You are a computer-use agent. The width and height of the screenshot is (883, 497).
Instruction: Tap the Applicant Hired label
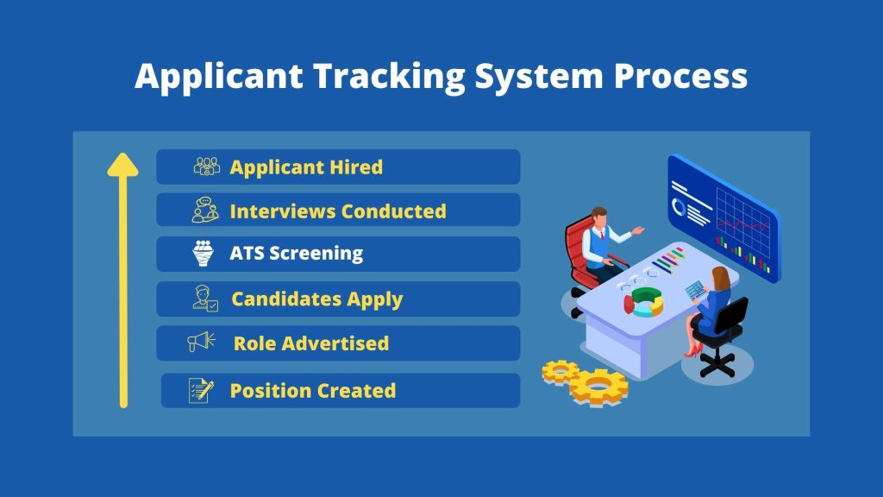pyautogui.click(x=306, y=167)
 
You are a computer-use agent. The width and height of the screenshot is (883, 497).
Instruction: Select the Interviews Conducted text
pyautogui.click(x=338, y=211)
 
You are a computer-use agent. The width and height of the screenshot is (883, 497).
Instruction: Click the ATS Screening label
pyautogui.click(x=297, y=254)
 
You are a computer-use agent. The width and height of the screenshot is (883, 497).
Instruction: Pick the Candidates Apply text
pyautogui.click(x=317, y=299)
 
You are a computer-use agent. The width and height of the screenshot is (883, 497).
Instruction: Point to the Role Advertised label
pyautogui.click(x=310, y=343)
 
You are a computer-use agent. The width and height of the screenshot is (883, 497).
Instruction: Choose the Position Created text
pyautogui.click(x=312, y=391)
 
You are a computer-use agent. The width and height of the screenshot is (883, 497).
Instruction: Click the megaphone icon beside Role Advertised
pyautogui.click(x=201, y=341)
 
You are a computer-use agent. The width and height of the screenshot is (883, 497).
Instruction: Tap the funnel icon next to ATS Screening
pyautogui.click(x=203, y=254)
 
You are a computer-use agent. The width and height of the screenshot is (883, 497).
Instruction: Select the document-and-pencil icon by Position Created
pyautogui.click(x=201, y=391)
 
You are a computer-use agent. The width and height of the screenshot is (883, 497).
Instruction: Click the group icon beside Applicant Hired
pyautogui.click(x=207, y=167)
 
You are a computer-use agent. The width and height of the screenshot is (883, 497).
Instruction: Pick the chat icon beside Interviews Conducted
pyautogui.click(x=205, y=210)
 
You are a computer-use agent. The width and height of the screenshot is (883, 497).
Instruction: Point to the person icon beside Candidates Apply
pyautogui.click(x=205, y=298)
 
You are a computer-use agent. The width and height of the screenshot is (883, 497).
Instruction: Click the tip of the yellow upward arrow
pyautogui.click(x=122, y=154)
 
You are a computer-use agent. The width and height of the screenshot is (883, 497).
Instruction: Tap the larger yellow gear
pyautogui.click(x=598, y=387)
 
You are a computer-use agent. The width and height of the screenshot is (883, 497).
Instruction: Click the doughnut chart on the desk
pyautogui.click(x=643, y=302)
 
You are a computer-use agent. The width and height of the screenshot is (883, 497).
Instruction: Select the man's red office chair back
pyautogui.click(x=577, y=248)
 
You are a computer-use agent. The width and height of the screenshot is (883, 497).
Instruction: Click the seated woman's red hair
pyautogui.click(x=722, y=279)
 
